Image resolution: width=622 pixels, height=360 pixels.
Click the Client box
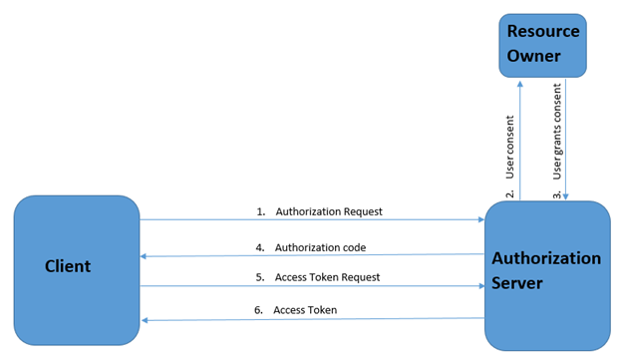77,270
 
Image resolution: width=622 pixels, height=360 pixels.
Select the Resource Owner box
542,46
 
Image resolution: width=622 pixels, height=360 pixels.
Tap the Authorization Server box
547,275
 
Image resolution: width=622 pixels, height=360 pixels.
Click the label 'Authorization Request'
329,212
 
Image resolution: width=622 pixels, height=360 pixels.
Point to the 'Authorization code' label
320,247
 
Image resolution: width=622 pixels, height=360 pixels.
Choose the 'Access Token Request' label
327,277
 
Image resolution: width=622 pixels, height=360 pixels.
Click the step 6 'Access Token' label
305,310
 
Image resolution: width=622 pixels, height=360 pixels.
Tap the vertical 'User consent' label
509,147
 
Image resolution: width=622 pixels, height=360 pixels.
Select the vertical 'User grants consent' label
557,132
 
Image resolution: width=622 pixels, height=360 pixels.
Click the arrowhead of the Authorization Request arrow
481,219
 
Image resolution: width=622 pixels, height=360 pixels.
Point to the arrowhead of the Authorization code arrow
144,256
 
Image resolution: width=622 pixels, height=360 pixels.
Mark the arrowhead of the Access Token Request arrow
481,286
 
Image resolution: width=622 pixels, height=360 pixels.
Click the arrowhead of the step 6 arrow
145,320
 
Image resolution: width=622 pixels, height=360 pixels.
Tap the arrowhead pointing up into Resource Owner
520,84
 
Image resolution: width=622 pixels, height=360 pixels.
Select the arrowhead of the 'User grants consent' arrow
565,196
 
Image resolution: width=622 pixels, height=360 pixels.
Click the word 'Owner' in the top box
533,56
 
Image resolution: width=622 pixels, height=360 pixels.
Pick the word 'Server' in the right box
517,283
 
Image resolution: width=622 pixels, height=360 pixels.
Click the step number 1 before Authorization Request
260,212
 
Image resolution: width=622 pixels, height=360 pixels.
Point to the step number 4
260,247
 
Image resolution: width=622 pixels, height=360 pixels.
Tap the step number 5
260,277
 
